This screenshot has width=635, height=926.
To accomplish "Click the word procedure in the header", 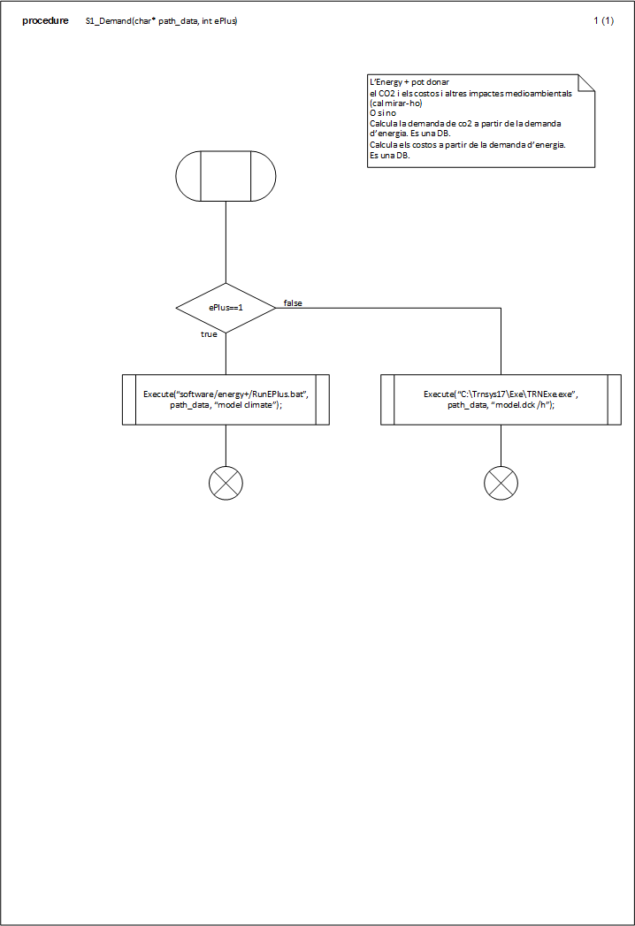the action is click(45, 20).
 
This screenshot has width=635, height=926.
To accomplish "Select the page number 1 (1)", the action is click(604, 20).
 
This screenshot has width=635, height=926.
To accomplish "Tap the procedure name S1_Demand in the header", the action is click(109, 21).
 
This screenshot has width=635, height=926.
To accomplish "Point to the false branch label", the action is click(293, 303).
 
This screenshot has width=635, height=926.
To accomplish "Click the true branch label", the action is click(209, 334).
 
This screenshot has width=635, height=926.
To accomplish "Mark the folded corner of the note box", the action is click(586, 82).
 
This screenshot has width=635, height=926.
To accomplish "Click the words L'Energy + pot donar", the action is click(409, 82).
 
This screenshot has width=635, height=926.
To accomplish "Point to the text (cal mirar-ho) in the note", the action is click(395, 103).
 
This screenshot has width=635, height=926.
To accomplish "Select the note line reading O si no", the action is click(383, 113).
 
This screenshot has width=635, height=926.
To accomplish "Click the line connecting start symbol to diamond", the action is click(226, 242).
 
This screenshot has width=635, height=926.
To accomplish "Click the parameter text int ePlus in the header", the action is click(219, 21).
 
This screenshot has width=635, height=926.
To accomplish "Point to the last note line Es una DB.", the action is click(390, 156).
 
